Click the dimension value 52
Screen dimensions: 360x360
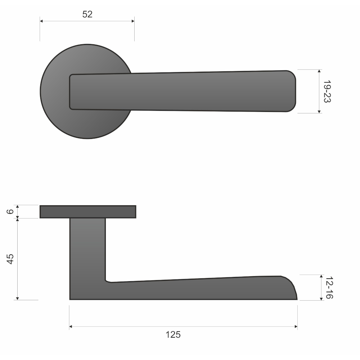pos(87,14)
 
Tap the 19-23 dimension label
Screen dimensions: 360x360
pos(327,91)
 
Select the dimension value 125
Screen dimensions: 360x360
pos(173,335)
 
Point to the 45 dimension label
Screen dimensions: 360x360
pos(10,259)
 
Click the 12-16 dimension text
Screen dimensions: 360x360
pos(329,288)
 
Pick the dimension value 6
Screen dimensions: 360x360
pos(10,211)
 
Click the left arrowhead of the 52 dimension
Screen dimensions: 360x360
pos(41,21)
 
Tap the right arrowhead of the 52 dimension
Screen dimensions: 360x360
pos(133,21)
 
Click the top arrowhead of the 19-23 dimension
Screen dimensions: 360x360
pos(319,71)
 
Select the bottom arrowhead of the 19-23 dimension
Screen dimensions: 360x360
pos(319,112)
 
